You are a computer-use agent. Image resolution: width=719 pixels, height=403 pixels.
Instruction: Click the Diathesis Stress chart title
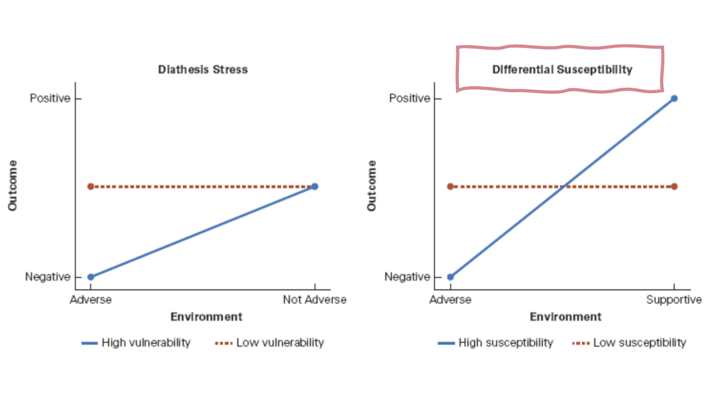coord(203,69)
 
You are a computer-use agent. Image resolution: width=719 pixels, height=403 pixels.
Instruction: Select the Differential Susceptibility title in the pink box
coord(562,69)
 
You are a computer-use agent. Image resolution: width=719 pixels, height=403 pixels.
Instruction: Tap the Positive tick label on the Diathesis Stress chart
coord(50,98)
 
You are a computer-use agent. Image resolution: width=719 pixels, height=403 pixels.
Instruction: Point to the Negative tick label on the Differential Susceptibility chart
coord(407,277)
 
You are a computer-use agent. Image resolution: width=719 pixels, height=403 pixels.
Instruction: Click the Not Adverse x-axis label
coord(314,300)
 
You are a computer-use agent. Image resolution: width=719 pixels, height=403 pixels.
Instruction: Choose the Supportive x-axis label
coord(674,300)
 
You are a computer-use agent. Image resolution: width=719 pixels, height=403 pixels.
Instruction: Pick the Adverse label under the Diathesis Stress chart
coord(90,300)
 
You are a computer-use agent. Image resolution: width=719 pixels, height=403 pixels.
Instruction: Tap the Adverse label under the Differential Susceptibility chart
coord(450,300)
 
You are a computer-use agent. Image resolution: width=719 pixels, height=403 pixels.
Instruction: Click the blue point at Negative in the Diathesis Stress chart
coord(90,277)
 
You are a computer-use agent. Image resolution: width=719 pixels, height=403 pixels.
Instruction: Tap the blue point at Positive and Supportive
coord(674,98)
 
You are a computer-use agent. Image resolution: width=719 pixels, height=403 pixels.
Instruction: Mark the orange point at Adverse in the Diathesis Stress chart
coord(90,186)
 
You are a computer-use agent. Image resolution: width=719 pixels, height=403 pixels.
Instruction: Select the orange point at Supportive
coord(674,186)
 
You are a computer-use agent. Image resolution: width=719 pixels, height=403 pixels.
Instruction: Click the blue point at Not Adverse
coord(314,186)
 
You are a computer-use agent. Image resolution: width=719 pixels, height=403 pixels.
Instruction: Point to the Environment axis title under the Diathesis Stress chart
coord(206,317)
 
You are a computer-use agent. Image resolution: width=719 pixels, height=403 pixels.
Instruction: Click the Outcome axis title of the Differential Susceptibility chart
coord(372,185)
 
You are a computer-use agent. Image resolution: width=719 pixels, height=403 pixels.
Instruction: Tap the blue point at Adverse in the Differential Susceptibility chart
coord(450,277)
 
